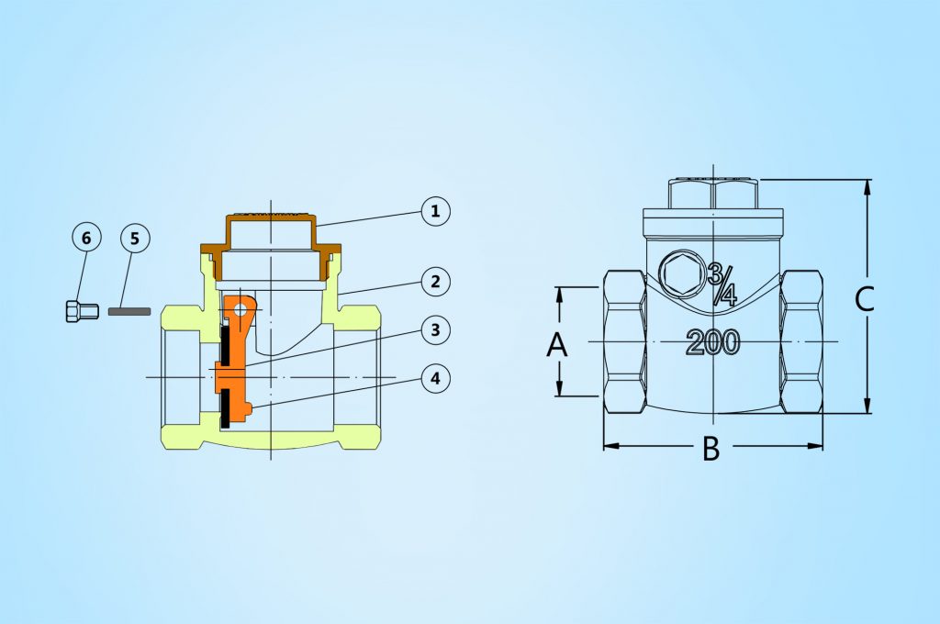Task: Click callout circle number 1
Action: click(436, 211)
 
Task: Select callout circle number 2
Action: click(436, 282)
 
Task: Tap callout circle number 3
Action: click(436, 329)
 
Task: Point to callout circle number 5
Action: click(134, 239)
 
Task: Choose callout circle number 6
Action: click(86, 239)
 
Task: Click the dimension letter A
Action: click(557, 345)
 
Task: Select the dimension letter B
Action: click(711, 449)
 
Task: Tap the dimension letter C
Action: click(864, 299)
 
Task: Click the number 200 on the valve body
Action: click(712, 342)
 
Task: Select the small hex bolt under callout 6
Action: click(77, 311)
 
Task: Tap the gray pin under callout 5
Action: click(129, 311)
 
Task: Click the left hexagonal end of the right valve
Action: click(624, 341)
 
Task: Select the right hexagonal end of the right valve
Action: click(801, 341)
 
